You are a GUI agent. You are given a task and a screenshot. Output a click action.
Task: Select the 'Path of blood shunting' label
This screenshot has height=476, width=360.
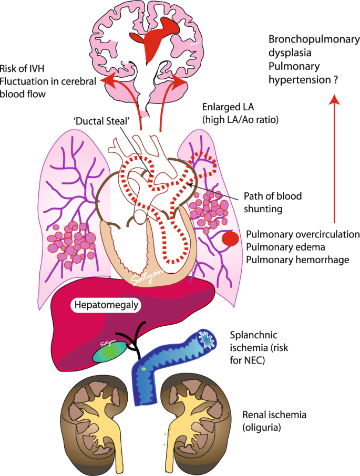(272, 201)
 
